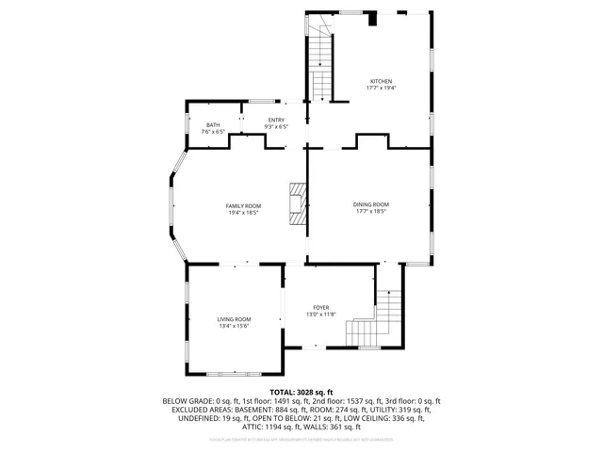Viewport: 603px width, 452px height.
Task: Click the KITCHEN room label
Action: pyautogui.click(x=380, y=81)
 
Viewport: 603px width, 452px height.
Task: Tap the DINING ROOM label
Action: pyautogui.click(x=370, y=204)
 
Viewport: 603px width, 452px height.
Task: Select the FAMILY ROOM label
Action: pyautogui.click(x=243, y=206)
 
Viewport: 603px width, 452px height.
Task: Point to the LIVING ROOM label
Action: pyautogui.click(x=234, y=319)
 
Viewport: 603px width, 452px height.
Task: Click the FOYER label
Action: pyautogui.click(x=321, y=308)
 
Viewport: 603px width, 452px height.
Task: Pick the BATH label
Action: pyautogui.click(x=213, y=125)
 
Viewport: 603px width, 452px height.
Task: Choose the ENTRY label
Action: pyautogui.click(x=275, y=120)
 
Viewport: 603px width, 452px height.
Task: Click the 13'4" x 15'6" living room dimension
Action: pyautogui.click(x=234, y=326)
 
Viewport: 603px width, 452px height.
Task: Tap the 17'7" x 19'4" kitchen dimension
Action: pyautogui.click(x=381, y=88)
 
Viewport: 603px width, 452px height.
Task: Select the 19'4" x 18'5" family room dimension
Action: pyautogui.click(x=243, y=213)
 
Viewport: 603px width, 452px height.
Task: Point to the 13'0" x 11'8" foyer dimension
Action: pyautogui.click(x=321, y=315)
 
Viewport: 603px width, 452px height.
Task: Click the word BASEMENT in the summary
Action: pyautogui.click(x=255, y=410)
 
